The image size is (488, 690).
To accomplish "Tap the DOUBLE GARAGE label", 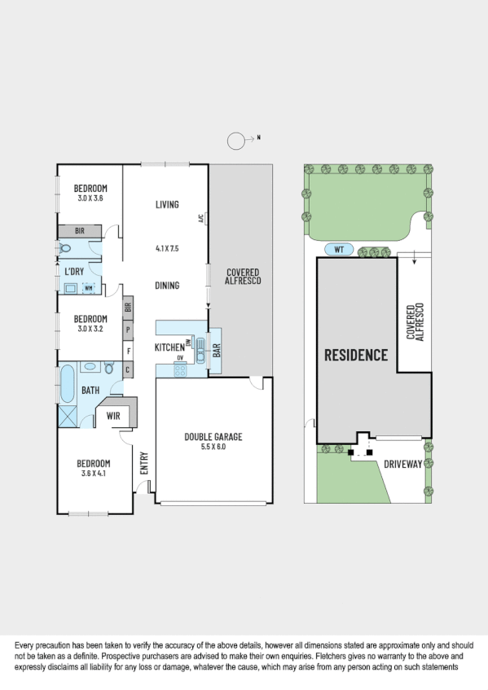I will click(213, 437).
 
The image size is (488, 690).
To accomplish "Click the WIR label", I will click(113, 416).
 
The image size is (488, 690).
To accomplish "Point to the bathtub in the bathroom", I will click(67, 383).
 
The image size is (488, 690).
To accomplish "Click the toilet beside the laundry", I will click(65, 249).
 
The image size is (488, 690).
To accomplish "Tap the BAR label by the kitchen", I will click(217, 349).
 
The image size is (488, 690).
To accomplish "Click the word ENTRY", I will click(144, 463).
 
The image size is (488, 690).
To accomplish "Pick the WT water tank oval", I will click(335, 249).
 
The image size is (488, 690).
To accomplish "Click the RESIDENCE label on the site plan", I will click(356, 355).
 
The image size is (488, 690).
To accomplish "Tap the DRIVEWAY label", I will click(402, 465).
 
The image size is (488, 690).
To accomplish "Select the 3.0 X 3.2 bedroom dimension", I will click(90, 329).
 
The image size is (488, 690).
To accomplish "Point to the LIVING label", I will click(167, 204).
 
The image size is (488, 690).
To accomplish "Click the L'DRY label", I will click(73, 272).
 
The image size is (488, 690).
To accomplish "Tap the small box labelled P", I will click(128, 330).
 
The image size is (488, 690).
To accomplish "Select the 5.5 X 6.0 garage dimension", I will click(213, 447).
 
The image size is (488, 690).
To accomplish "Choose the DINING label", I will click(167, 286).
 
